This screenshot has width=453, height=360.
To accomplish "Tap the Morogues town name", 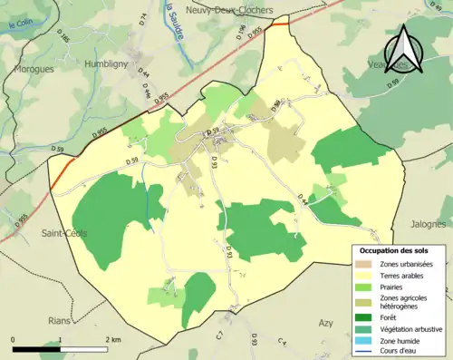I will (x=34, y=68).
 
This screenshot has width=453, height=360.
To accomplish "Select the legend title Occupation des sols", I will (x=395, y=249).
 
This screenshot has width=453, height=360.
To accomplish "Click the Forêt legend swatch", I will (x=364, y=316).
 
